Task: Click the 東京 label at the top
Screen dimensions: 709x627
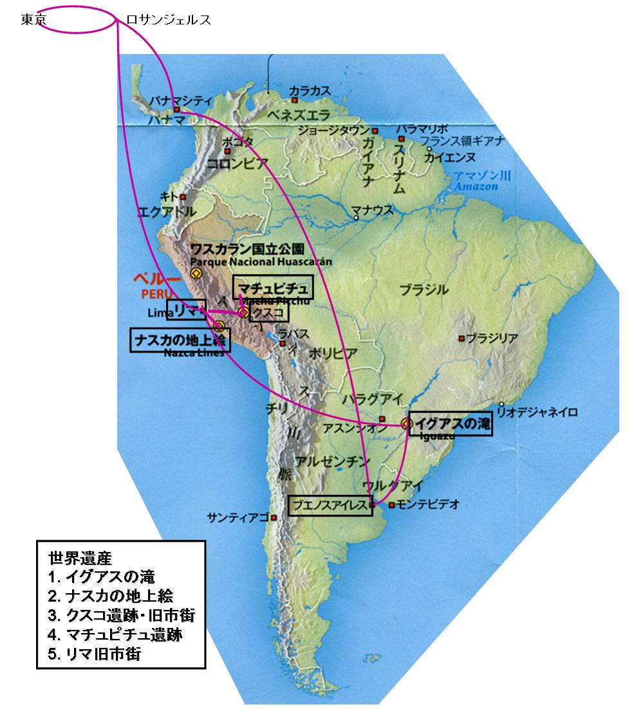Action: coord(33,20)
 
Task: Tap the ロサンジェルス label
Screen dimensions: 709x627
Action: coord(169,20)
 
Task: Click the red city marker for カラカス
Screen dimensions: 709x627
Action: coord(294,100)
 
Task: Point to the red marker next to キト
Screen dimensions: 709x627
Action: coord(183,197)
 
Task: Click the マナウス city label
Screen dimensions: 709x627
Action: coord(373,210)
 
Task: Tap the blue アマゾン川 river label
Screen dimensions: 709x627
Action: coord(477,176)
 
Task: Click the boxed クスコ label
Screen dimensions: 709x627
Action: coord(269,312)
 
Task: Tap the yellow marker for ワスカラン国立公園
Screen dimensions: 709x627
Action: coord(196,273)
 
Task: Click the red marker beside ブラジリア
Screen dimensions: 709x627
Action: coord(462,338)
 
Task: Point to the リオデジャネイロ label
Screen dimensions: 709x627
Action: coord(538,412)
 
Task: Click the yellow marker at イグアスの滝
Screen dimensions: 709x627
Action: coord(405,423)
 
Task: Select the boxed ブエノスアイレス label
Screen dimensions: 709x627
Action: coord(330,505)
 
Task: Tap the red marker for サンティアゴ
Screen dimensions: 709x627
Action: coord(274,517)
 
